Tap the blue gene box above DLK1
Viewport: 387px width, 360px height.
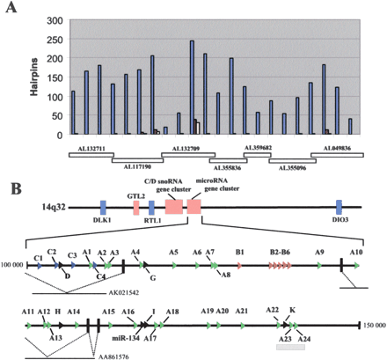pos(103,208)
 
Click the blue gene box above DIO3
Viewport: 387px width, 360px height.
pos(338,208)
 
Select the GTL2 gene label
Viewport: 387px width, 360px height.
pos(135,195)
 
